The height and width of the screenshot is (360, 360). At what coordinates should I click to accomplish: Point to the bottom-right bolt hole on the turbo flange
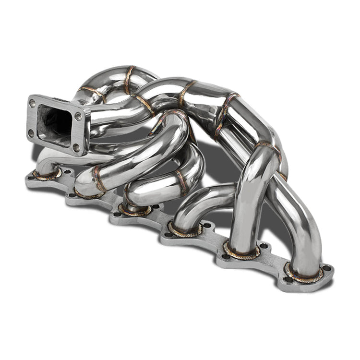76,147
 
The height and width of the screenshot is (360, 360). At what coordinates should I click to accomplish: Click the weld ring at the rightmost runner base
303,273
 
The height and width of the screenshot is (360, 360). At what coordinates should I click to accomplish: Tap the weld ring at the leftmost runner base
47,174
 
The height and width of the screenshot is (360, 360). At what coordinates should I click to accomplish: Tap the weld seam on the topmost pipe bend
128,79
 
